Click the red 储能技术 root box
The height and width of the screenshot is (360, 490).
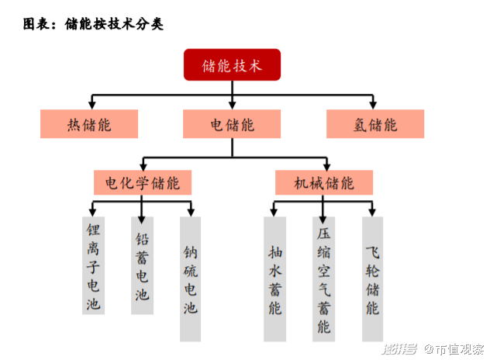click(232, 64)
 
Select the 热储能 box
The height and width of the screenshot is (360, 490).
click(89, 124)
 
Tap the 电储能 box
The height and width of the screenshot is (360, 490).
click(232, 124)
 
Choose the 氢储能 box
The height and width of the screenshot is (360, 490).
click(375, 124)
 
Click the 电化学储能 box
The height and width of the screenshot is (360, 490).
click(143, 182)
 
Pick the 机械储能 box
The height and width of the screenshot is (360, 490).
click(324, 182)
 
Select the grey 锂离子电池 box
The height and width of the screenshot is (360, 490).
click(94, 265)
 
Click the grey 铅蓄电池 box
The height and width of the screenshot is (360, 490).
click(142, 265)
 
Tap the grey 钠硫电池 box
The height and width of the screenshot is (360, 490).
click(190, 279)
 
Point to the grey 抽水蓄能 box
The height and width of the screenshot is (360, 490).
click(274, 279)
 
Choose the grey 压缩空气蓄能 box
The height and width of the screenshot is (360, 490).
click(324, 279)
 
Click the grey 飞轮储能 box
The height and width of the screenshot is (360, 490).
click(372, 279)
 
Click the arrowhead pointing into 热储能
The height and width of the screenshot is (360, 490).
click(91, 105)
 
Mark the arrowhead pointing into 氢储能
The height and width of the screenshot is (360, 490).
click(373, 105)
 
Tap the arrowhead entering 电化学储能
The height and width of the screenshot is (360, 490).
click(143, 166)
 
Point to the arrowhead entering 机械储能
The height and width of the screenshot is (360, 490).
click(326, 166)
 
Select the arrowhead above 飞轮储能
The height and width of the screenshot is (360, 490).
click(372, 213)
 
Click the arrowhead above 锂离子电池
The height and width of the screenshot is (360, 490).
click(92, 213)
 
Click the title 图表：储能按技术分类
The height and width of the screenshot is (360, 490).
click(93, 24)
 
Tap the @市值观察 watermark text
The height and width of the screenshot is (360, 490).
click(454, 349)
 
